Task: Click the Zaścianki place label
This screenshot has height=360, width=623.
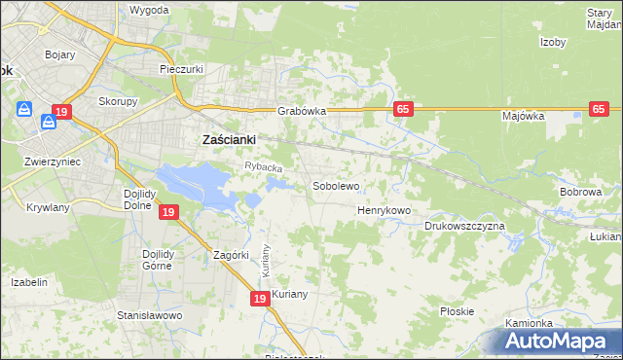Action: coord(228,139)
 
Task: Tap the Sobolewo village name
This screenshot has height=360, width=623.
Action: coord(336,185)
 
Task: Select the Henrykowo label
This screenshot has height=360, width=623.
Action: coord(385,209)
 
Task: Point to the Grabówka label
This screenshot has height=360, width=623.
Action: coord(302,111)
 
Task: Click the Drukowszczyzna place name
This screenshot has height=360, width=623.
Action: coord(464,226)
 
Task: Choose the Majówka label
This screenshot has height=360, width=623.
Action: coord(523,116)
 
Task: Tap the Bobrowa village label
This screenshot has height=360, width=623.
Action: coord(581,193)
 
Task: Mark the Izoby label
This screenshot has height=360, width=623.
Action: coord(554,42)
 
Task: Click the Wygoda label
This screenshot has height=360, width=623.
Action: coord(149,10)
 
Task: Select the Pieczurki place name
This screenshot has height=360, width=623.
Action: coord(180,70)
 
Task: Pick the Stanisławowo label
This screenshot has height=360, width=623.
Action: coord(150,315)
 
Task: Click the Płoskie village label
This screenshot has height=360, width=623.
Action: coord(457,311)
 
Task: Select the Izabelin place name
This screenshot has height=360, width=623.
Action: coord(29,282)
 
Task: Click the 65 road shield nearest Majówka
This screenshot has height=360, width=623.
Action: coord(599,110)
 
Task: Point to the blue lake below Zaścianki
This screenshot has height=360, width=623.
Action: coord(200,183)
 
